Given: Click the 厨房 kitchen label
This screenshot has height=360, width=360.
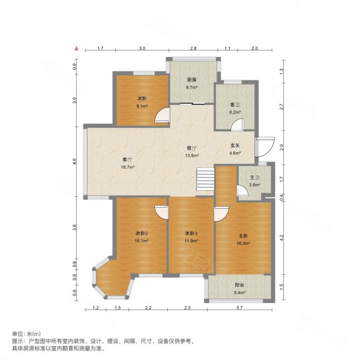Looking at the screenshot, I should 192,79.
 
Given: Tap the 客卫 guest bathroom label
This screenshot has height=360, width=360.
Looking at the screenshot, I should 235,104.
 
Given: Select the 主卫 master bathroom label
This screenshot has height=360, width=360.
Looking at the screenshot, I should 254,178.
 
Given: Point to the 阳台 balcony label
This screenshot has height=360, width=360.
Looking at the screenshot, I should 239,285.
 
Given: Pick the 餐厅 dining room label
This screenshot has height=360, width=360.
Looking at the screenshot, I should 191,148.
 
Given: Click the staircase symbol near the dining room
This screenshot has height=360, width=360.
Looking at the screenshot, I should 205,178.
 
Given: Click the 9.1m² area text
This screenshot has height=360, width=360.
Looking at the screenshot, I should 142,107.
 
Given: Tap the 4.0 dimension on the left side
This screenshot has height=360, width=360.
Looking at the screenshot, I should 75,161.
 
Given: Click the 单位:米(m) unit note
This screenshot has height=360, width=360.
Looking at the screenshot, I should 26,334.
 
